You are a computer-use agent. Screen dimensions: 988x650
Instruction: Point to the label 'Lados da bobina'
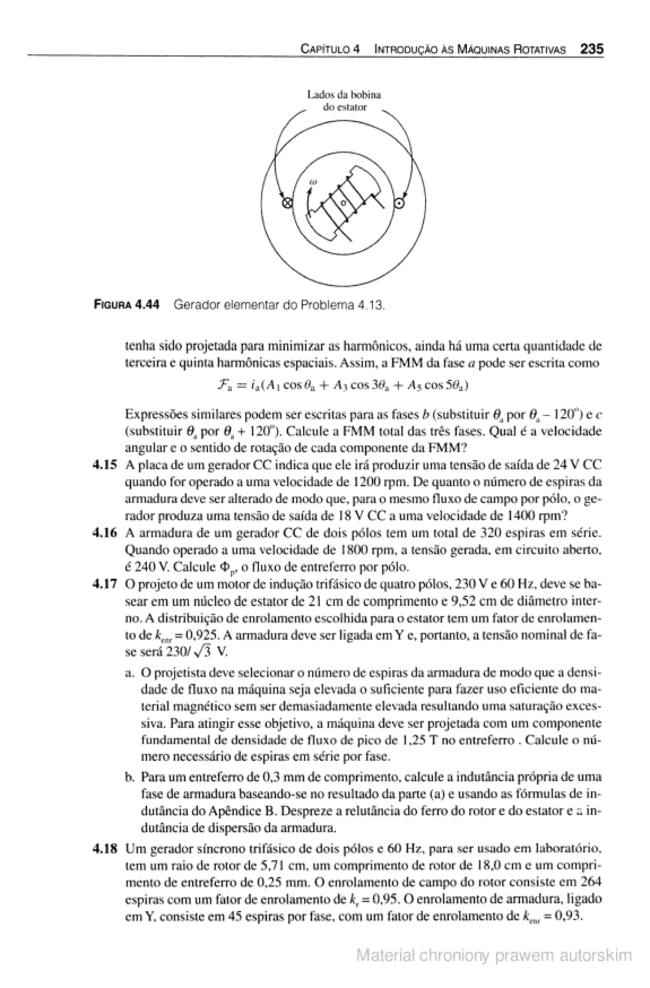[344, 95]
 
